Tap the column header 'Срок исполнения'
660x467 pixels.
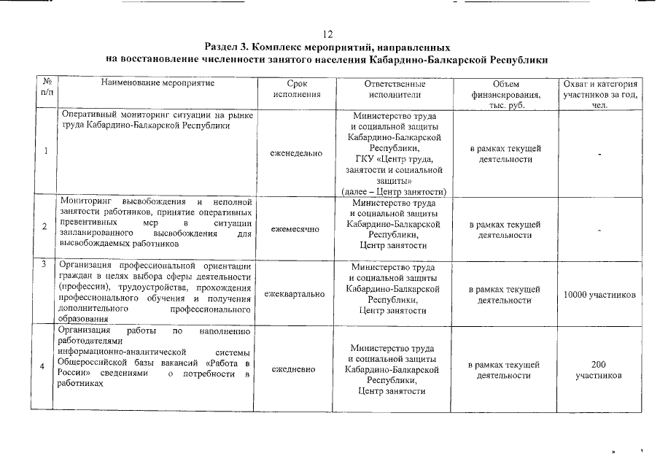coord(296,89)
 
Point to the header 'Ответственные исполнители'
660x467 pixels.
coord(394,89)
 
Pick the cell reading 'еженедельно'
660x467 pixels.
coord(296,155)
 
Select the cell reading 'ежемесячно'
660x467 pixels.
coord(295,229)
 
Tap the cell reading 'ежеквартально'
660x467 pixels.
coord(295,294)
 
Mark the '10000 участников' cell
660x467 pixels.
coord(598,295)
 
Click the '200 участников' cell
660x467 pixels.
coord(598,369)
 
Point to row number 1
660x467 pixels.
coord(47,152)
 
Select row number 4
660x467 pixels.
coord(47,366)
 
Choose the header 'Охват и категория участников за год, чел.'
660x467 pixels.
coord(598,94)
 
